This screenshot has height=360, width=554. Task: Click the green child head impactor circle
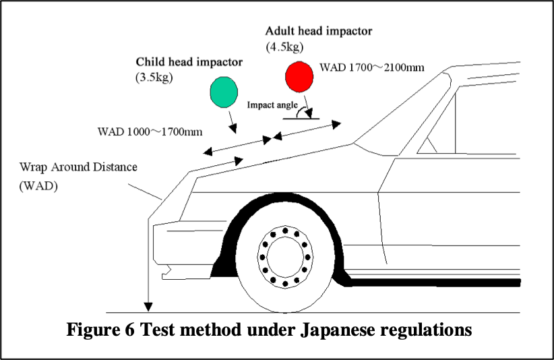point(224,92)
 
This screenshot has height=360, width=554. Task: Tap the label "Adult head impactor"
point(318,31)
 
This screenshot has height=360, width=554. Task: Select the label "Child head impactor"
point(189,62)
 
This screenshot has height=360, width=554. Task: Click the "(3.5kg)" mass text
point(154,77)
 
